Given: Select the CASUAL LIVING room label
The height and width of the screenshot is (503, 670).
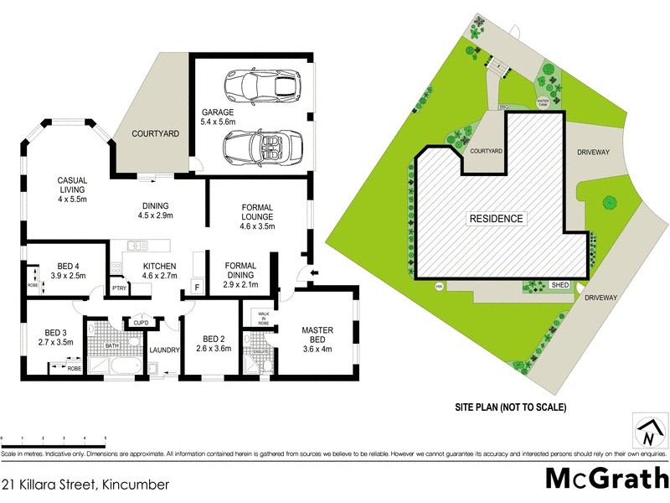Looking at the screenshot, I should [73, 185].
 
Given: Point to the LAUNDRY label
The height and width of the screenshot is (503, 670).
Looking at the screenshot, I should [165, 350].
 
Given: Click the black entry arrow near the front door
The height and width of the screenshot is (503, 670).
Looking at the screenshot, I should [313, 274].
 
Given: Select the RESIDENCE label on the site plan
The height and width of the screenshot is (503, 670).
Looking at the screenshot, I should [496, 219].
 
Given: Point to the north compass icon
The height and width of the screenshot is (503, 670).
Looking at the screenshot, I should [647, 433].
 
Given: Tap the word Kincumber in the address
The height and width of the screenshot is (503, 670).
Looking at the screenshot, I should [135, 484].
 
